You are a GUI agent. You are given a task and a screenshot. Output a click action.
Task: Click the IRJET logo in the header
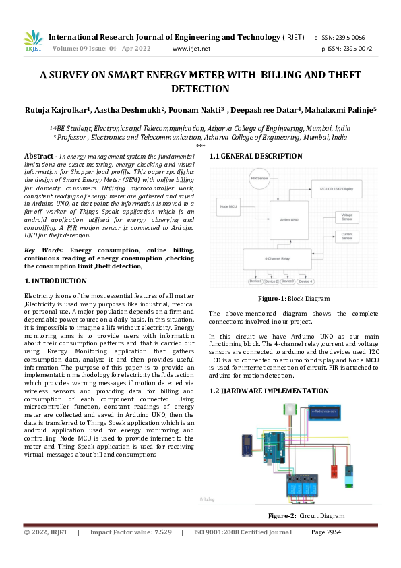coord(34,41)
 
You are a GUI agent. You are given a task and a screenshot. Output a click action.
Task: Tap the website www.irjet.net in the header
coord(192,49)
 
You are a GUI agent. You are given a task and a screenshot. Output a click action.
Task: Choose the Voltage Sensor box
coord(346,217)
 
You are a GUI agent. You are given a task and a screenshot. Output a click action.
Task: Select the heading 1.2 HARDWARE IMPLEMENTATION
coord(259,391)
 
